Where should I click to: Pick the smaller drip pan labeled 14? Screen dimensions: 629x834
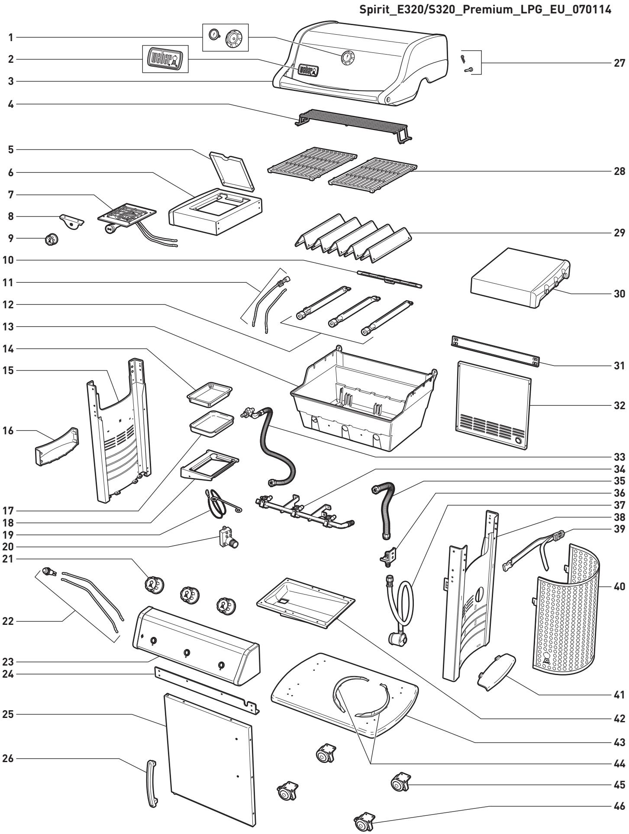pyautogui.click(x=209, y=395)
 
